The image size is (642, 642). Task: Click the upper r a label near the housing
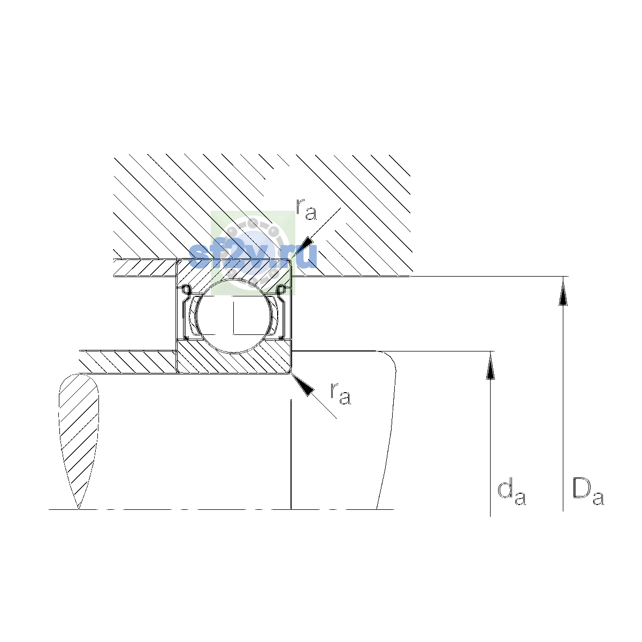pos(306,209)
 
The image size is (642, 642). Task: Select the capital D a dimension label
pos(588,492)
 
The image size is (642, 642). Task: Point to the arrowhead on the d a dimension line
pos(490,366)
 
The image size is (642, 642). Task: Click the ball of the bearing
pos(234,316)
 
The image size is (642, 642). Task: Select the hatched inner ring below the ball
pos(234,356)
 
